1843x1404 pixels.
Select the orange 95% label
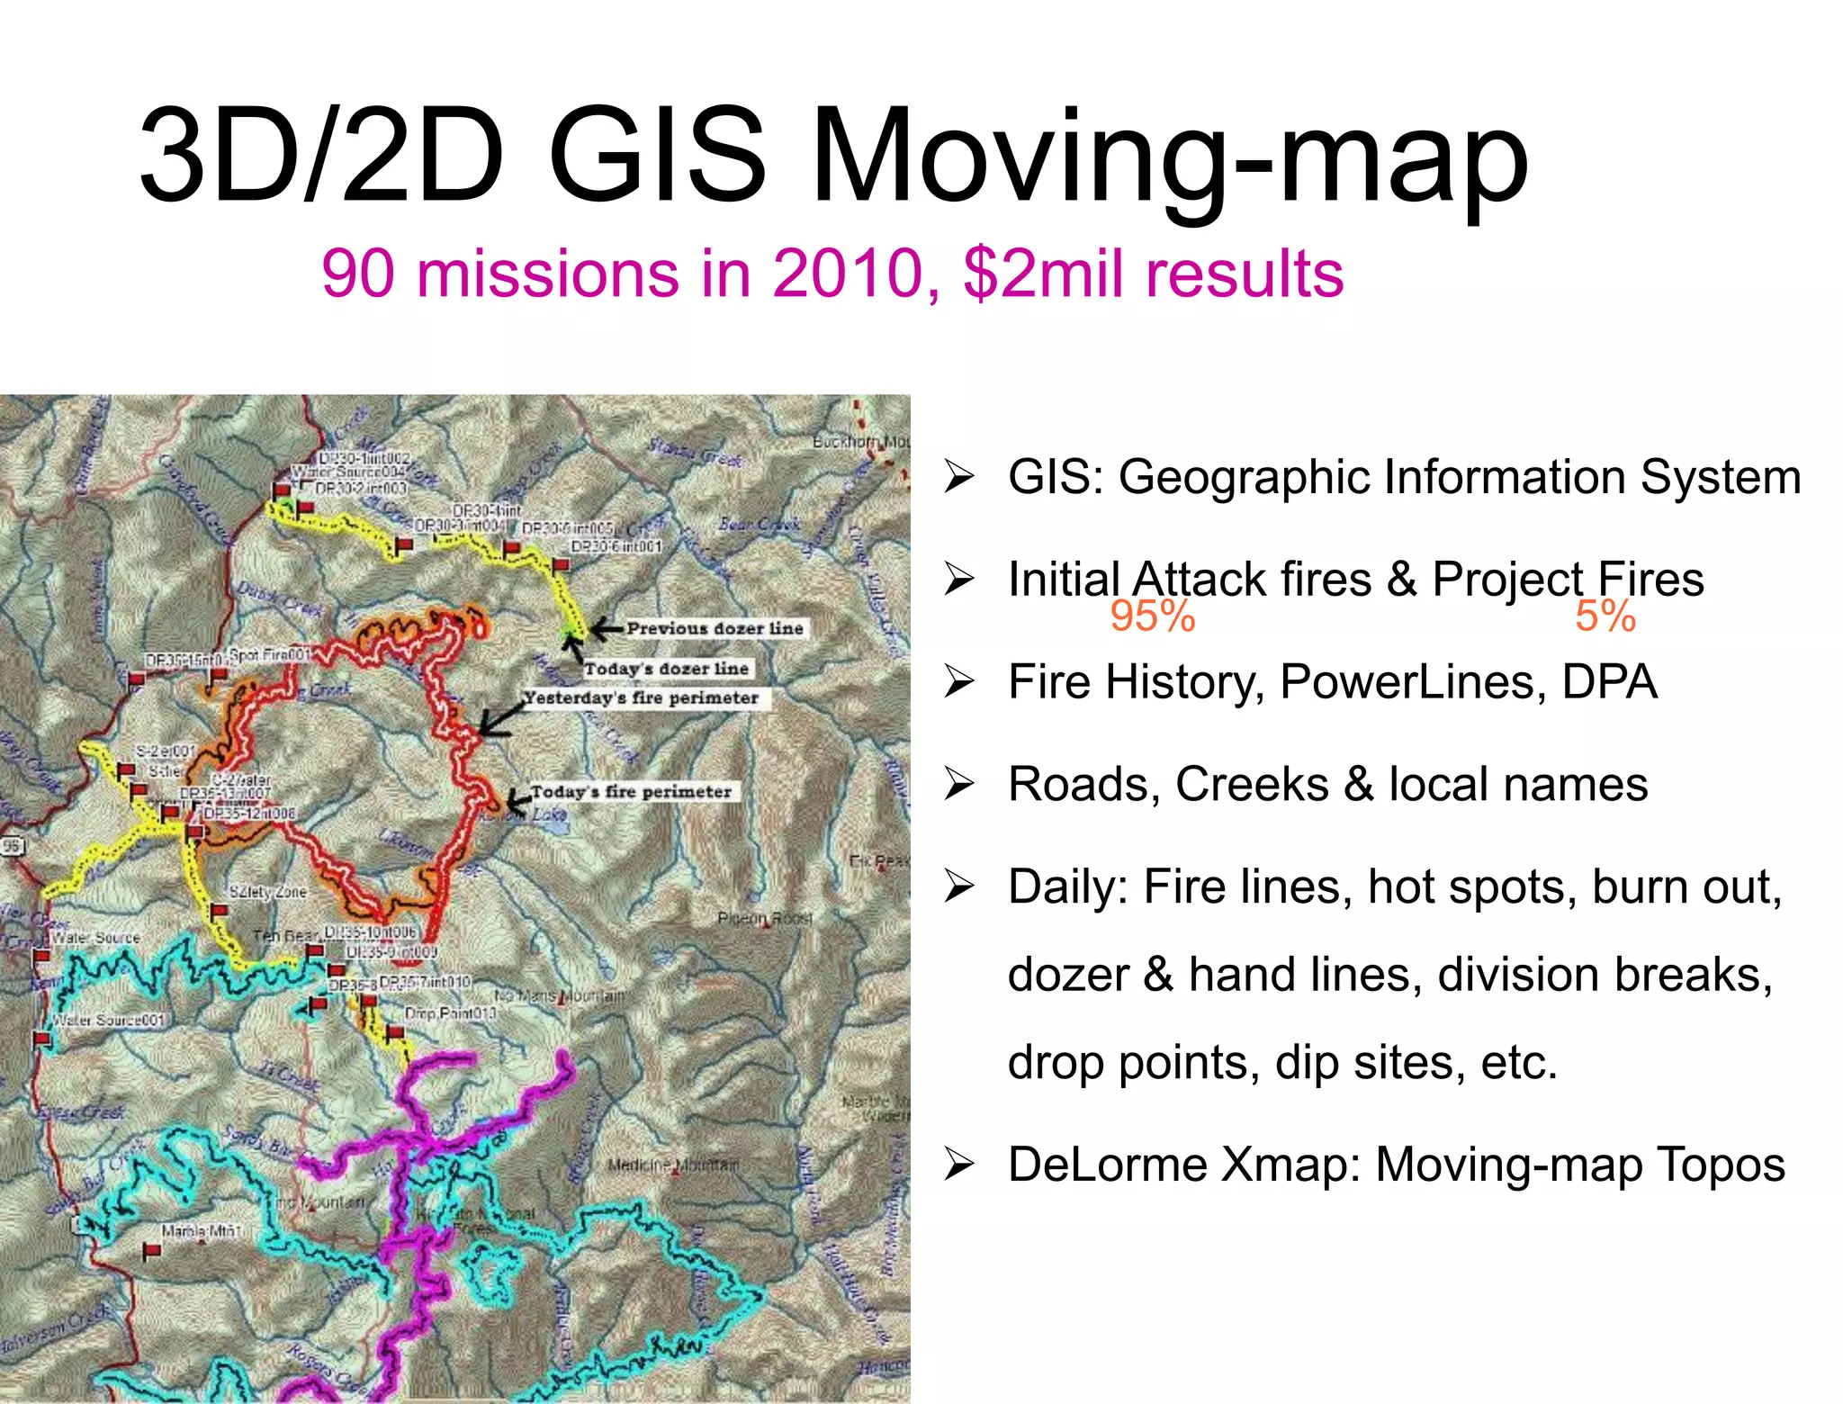pyautogui.click(x=1152, y=616)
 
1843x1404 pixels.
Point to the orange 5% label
pyautogui.click(x=1605, y=616)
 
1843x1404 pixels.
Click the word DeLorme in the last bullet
pyautogui.click(x=1107, y=1165)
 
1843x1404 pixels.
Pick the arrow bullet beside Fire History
pyautogui.click(x=959, y=682)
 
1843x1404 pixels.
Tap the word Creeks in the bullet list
pyautogui.click(x=1251, y=784)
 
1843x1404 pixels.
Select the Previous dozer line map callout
pyautogui.click(x=715, y=628)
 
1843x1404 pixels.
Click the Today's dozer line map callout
pyautogui.click(x=666, y=669)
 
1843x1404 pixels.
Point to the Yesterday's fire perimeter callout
pyautogui.click(x=642, y=697)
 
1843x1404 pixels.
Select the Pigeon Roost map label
pyautogui.click(x=764, y=919)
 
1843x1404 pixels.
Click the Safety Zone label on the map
pyautogui.click(x=267, y=892)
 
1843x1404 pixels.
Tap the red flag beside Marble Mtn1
pyautogui.click(x=152, y=1250)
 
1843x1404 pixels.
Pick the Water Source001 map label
pyautogui.click(x=108, y=1021)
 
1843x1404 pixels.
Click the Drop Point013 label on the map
pyautogui.click(x=450, y=1013)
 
